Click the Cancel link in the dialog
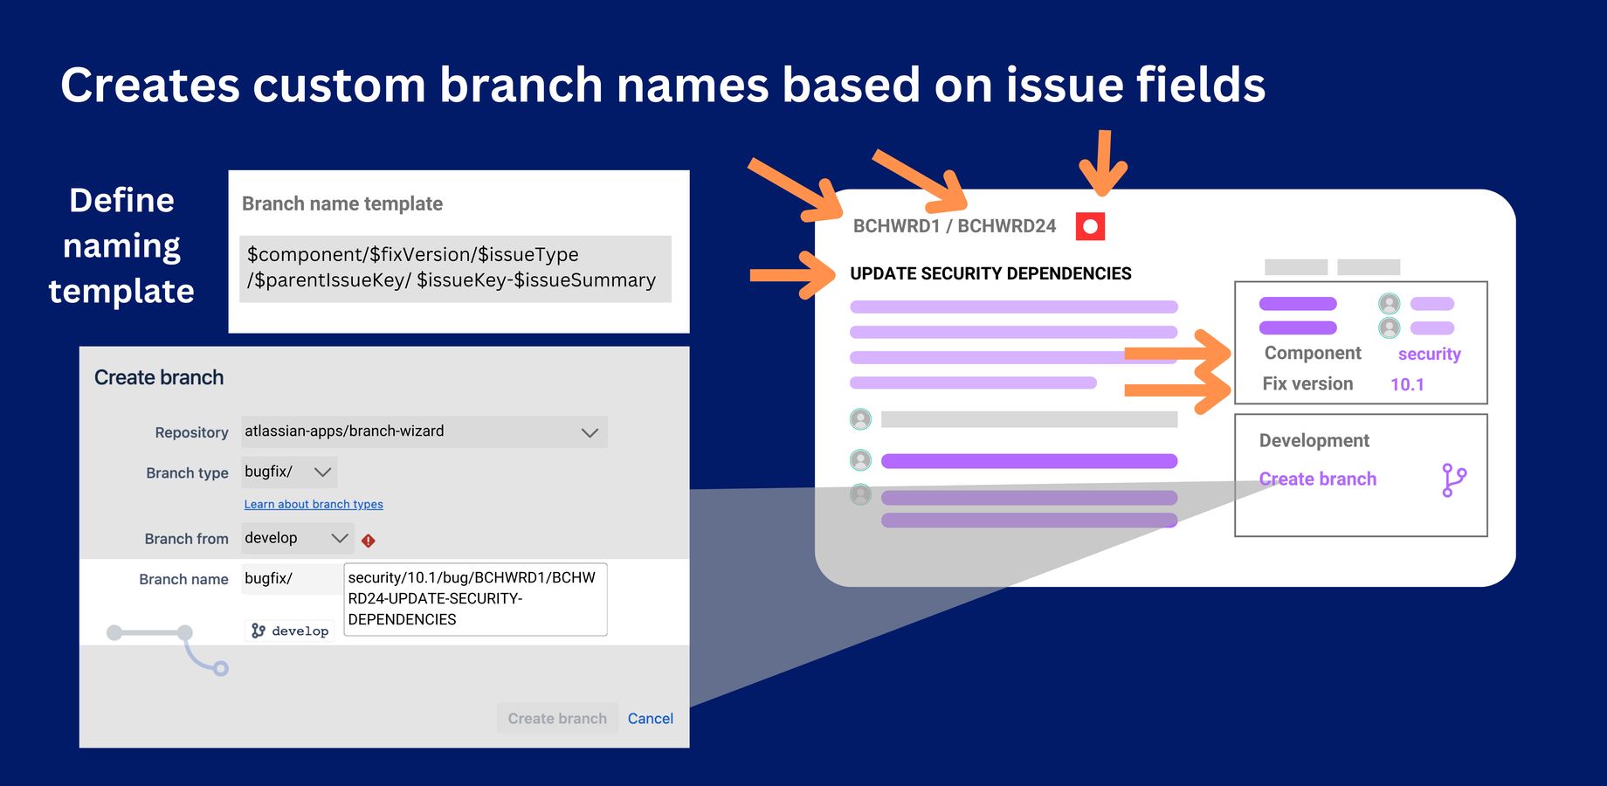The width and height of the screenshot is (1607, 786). tap(650, 719)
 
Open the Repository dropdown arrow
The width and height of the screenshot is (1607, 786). tap(590, 432)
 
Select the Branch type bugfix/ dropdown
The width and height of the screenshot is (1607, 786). tap(289, 472)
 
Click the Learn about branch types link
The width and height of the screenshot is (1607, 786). tap(314, 505)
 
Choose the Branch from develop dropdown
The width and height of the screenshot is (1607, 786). tap(297, 539)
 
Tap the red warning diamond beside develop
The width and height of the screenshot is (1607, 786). tap(369, 541)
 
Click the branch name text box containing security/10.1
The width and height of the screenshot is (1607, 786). tap(475, 599)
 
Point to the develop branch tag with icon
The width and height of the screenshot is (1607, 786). tap(290, 631)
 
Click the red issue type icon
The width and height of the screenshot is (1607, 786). tap(1090, 226)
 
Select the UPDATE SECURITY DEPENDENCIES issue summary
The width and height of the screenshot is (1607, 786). tap(990, 273)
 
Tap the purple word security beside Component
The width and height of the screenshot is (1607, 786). tap(1429, 354)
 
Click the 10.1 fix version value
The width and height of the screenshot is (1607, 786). tap(1407, 384)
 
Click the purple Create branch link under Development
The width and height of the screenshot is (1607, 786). tap(1317, 479)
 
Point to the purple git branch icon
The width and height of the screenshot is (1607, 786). tap(1453, 480)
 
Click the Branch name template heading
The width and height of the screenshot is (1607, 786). tap(342, 203)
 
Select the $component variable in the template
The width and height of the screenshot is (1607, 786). tap(305, 254)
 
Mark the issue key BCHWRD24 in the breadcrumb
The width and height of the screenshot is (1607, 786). tap(1006, 226)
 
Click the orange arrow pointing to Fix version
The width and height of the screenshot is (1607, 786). tap(1177, 389)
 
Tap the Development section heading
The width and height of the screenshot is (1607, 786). tap(1314, 440)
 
